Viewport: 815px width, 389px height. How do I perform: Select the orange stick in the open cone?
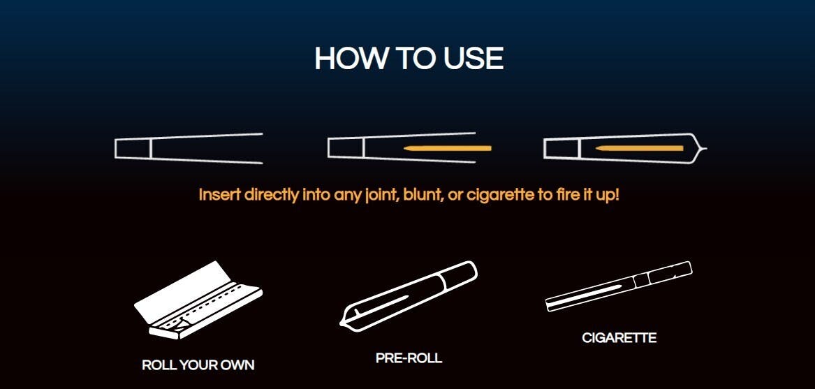pyautogui.click(x=448, y=148)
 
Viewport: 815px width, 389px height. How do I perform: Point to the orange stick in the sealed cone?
pyautogui.click(x=639, y=148)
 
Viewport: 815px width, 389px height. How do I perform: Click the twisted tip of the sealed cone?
pyautogui.click(x=702, y=149)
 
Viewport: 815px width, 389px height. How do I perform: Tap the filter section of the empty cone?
pyautogui.click(x=133, y=149)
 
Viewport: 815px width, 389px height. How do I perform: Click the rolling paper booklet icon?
pyautogui.click(x=198, y=300)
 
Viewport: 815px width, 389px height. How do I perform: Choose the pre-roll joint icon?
pyautogui.click(x=408, y=296)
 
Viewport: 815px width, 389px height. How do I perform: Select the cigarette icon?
pyautogui.click(x=619, y=286)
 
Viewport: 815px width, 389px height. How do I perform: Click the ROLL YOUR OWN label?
pyautogui.click(x=198, y=365)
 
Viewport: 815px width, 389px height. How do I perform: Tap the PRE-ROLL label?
pyautogui.click(x=409, y=358)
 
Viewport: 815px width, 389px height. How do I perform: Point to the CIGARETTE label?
pyautogui.click(x=619, y=338)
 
